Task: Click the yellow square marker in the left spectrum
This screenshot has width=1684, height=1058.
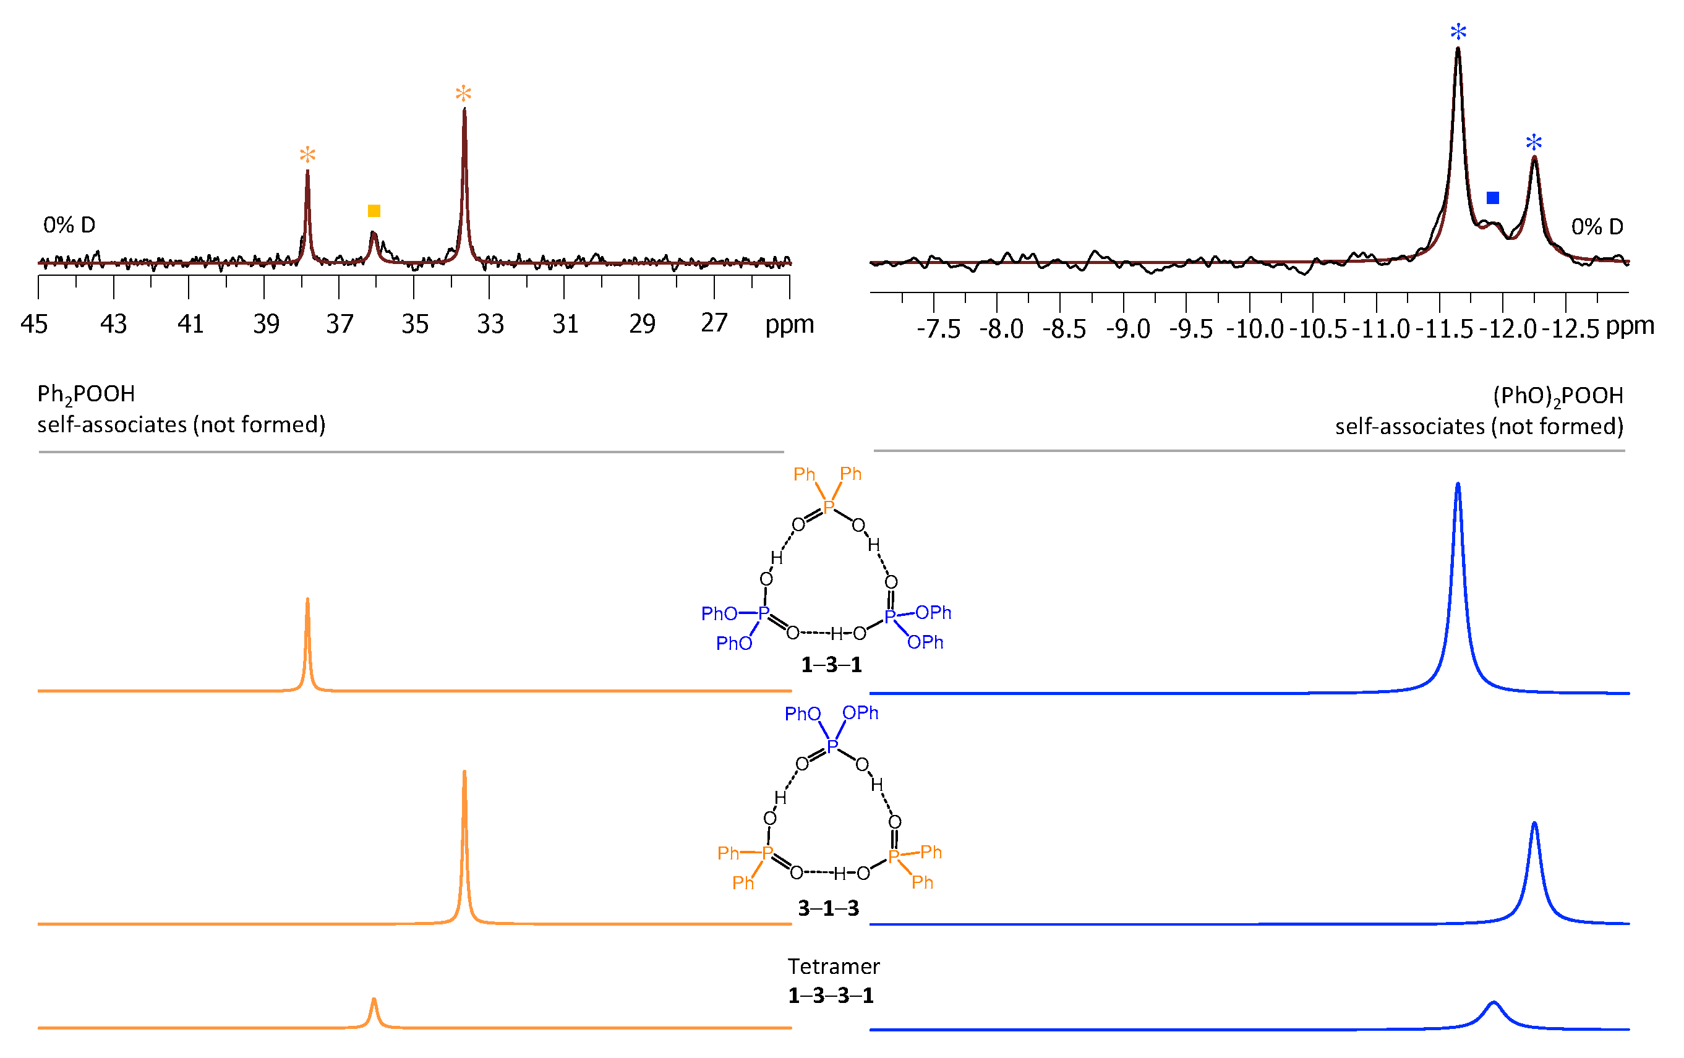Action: click(374, 210)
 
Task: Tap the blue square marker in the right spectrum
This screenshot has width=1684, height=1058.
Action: click(1492, 198)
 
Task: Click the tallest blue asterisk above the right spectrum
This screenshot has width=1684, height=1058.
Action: click(1458, 32)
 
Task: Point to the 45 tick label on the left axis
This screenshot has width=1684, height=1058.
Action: click(33, 324)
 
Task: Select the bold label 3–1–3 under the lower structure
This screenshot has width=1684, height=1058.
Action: click(828, 908)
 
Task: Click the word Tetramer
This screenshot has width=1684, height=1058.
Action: click(834, 966)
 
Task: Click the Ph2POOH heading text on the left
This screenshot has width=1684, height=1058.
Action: click(86, 395)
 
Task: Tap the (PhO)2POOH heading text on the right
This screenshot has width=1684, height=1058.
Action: click(1557, 396)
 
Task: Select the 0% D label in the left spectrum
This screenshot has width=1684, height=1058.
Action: click(69, 225)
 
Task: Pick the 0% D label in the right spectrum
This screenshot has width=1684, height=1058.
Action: click(1597, 226)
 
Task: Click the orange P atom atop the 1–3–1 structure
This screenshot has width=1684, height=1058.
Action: click(829, 507)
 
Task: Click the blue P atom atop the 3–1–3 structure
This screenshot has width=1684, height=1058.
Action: click(832, 747)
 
